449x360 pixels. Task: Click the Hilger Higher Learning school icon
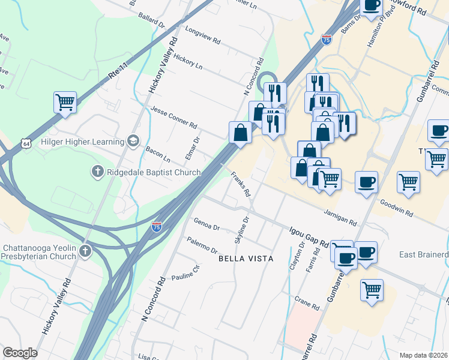pyautogui.click(x=133, y=142)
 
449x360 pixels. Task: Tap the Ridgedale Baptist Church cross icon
pyautogui.click(x=97, y=172)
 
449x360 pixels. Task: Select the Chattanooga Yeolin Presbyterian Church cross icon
pyautogui.click(x=85, y=251)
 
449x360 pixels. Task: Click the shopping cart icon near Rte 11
pyautogui.click(x=65, y=101)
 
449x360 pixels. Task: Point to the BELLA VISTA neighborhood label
pyautogui.click(x=246, y=259)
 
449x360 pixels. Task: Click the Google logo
pyautogui.click(x=20, y=353)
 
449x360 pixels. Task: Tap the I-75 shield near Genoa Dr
pyautogui.click(x=156, y=227)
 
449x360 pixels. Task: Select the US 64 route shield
pyautogui.click(x=25, y=144)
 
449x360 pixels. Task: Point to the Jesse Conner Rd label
pyautogui.click(x=175, y=119)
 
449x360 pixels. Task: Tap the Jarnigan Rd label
pyautogui.click(x=340, y=217)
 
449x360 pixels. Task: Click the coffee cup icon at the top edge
pyautogui.click(x=370, y=5)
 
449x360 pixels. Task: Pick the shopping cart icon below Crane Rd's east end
pyautogui.click(x=372, y=290)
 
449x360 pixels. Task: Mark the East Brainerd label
pyautogui.click(x=424, y=255)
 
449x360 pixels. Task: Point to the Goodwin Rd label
pyautogui.click(x=396, y=209)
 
